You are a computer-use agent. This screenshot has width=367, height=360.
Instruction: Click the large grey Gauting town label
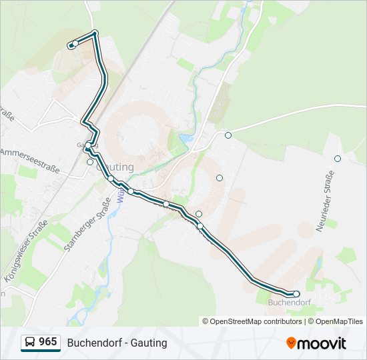115,167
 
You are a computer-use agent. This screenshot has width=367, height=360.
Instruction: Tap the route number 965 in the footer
47,342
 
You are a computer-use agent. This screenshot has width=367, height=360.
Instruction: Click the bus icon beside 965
30,342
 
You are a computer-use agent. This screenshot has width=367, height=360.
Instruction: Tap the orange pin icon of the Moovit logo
292,343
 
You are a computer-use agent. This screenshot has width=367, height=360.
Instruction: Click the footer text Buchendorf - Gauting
117,343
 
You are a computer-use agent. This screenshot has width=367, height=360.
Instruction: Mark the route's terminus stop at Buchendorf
296,294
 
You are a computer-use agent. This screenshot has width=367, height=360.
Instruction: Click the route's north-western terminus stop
75,43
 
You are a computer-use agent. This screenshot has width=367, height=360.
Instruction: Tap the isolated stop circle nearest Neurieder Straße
338,159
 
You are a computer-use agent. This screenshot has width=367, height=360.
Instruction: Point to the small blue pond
185,139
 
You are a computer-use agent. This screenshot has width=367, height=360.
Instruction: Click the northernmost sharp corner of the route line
95,33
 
